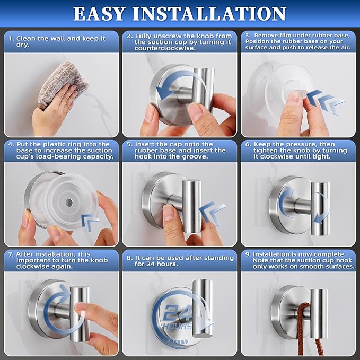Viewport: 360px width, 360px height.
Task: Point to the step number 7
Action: point(11,254)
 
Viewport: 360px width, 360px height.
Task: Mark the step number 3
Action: point(248,35)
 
